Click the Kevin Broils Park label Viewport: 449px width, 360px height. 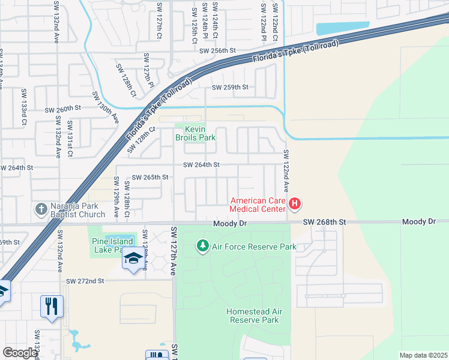[195, 133]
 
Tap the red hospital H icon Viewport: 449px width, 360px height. [295, 204]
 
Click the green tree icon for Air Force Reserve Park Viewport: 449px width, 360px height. [203, 246]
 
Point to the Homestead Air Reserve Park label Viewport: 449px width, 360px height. [253, 316]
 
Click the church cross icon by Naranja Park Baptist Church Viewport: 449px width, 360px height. [41, 209]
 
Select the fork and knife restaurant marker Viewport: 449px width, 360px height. [52, 307]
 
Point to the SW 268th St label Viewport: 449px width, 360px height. [324, 222]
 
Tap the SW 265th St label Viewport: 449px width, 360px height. [151, 178]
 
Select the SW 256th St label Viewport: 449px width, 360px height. [218, 51]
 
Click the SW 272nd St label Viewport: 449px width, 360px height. [85, 281]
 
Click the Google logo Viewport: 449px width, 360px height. [20, 353]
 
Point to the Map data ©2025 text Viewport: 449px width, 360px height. [423, 355]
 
